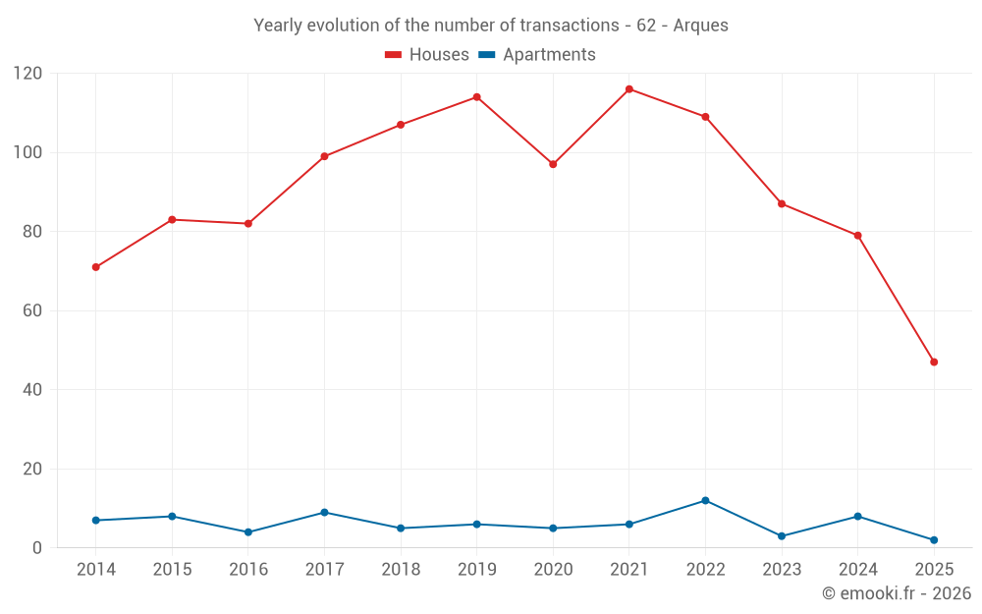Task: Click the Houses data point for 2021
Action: (x=629, y=89)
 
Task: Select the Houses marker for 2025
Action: (x=934, y=363)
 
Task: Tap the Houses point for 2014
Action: (x=95, y=267)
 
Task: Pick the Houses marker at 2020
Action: (x=553, y=164)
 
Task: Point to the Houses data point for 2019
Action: (x=476, y=97)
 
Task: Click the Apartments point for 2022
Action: (x=705, y=501)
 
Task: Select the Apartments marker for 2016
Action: (x=248, y=532)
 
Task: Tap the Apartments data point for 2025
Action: (x=934, y=540)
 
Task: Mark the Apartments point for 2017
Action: (x=324, y=513)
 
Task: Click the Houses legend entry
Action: (x=427, y=55)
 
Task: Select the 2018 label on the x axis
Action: (x=401, y=570)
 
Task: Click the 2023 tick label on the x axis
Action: (x=782, y=570)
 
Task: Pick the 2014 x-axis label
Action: (x=95, y=570)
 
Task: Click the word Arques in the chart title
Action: (x=700, y=26)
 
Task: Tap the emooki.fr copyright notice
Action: (x=897, y=593)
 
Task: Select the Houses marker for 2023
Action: (x=782, y=204)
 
